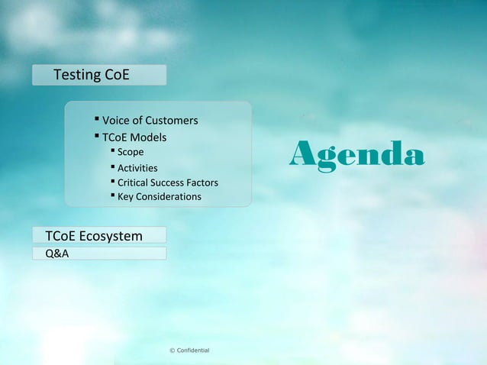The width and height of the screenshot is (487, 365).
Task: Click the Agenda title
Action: tap(356, 156)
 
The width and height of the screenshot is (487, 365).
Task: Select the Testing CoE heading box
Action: tap(98, 76)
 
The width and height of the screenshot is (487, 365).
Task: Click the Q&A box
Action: tap(98, 253)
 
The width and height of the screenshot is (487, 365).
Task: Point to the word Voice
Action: tap(115, 121)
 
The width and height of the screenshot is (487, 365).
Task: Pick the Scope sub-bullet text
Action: tap(131, 152)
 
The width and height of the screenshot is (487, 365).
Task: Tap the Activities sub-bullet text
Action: tap(137, 168)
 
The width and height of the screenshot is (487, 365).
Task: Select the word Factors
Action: tap(203, 182)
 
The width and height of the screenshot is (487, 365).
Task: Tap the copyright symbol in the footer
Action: tap(172, 350)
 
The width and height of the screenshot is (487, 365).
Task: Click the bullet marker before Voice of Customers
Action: tap(97, 120)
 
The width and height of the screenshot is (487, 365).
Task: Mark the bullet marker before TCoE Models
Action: tap(97, 137)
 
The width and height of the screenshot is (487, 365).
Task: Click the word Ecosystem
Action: tap(111, 236)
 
